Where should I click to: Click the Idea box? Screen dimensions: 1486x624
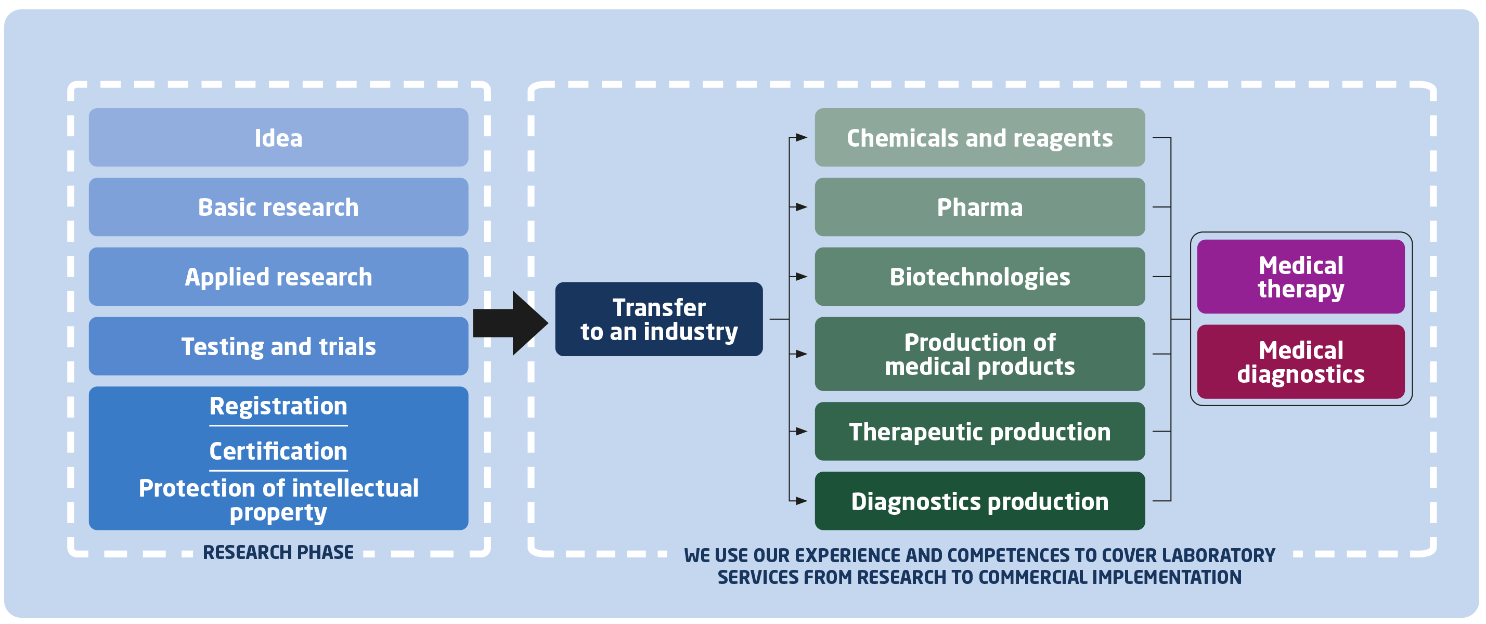[x=279, y=137]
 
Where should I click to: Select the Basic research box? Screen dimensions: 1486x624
[x=279, y=206]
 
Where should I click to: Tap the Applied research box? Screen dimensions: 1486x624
[x=279, y=276]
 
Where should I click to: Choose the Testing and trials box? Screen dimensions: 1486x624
[x=279, y=346]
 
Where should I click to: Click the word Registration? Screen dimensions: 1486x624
[x=279, y=406]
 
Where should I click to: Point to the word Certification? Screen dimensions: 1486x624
[x=279, y=451]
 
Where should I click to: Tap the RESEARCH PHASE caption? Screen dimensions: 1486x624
[x=279, y=552]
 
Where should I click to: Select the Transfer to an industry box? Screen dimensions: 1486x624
[x=659, y=319]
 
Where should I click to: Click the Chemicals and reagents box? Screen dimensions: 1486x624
[x=979, y=137]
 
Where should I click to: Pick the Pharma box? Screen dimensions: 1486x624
[x=979, y=206]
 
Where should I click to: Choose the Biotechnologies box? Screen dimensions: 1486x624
[x=979, y=276]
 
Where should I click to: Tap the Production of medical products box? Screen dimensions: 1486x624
[x=979, y=354]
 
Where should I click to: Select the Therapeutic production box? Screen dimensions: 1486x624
[x=979, y=432]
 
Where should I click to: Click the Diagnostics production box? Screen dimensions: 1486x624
[x=979, y=501]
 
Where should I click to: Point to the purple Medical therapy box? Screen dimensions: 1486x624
[x=1301, y=276]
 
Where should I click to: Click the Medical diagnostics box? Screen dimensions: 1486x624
[x=1301, y=361]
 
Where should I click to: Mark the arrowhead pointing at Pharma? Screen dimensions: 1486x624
[x=802, y=206]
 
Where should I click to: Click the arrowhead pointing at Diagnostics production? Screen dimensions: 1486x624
[x=802, y=501]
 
